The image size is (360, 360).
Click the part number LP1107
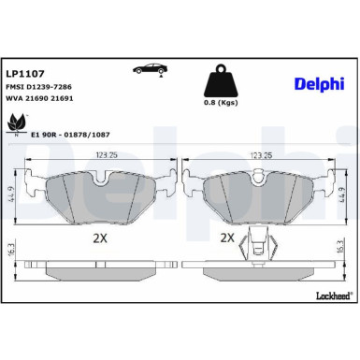pos(21,71)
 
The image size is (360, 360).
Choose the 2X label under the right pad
pos(225,238)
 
